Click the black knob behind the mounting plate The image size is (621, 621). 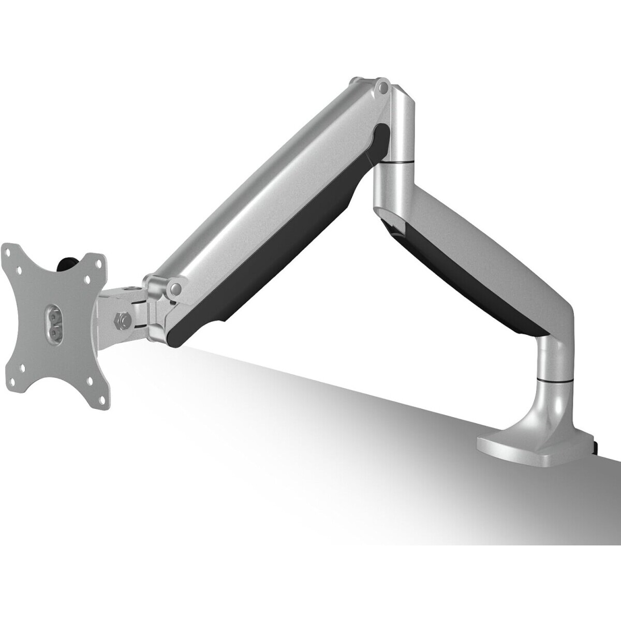click(67, 262)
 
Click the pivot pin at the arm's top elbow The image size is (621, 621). click(382, 88)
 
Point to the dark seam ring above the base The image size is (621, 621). click(555, 380)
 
